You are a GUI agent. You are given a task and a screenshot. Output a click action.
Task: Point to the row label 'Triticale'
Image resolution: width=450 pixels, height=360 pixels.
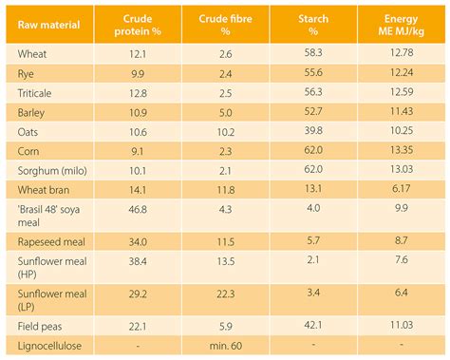(x=37, y=93)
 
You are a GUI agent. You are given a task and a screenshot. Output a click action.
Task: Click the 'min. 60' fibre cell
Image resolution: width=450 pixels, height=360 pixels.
(x=226, y=350)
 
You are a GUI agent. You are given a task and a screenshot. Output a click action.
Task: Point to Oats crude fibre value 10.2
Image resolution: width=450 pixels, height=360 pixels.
(x=226, y=131)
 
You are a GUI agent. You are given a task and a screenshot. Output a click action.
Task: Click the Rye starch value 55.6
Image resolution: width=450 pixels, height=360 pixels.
(x=310, y=73)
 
